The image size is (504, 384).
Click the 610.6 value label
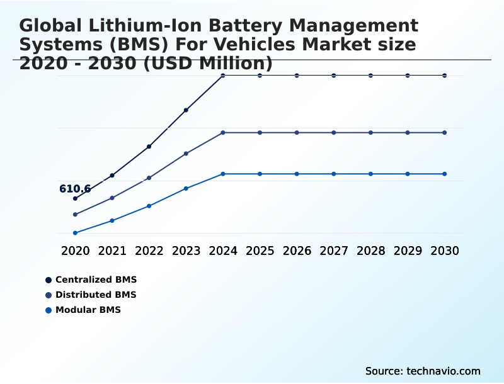(x=75, y=189)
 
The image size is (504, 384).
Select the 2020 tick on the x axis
(x=75, y=251)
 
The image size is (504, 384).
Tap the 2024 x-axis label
(x=223, y=251)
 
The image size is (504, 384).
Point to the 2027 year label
(x=334, y=251)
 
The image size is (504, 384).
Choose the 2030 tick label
(x=445, y=251)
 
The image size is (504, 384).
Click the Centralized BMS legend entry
(x=95, y=280)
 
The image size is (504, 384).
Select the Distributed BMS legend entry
(x=95, y=295)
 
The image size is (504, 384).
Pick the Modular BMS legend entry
(x=88, y=310)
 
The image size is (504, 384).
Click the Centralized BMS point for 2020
(x=75, y=198)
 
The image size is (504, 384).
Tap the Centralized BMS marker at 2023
(x=186, y=110)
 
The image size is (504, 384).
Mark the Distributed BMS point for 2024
(x=223, y=133)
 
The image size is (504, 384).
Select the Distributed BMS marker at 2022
(x=149, y=178)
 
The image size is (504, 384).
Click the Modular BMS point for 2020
(x=75, y=233)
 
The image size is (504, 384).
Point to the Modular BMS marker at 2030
(x=445, y=174)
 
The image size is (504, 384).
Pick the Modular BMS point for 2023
(x=186, y=188)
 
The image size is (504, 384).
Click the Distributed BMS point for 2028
(x=370, y=133)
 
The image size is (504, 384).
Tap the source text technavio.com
(x=444, y=371)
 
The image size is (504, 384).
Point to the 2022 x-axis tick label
(x=149, y=251)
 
